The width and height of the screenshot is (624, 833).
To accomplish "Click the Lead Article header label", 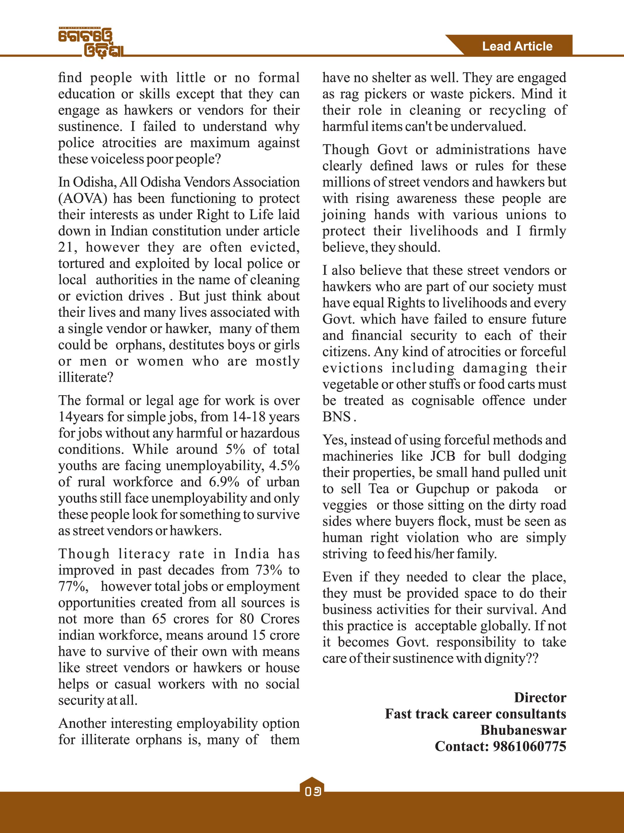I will pyautogui.click(x=517, y=46).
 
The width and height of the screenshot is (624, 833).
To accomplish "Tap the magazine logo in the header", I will pyautogui.click(x=91, y=43).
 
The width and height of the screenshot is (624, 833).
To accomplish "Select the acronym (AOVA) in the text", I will pyautogui.click(x=83, y=198).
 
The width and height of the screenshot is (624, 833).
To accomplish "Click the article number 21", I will pyautogui.click(x=67, y=247).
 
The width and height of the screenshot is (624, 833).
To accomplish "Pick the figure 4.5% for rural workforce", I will pyautogui.click(x=284, y=466).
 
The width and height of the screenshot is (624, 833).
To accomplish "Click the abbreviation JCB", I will pyautogui.click(x=443, y=456).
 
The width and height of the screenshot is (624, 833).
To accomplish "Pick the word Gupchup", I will pyautogui.click(x=442, y=489).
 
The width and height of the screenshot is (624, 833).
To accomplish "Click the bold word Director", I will pyautogui.click(x=540, y=698).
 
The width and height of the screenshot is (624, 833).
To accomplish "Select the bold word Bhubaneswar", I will pyautogui.click(x=523, y=730).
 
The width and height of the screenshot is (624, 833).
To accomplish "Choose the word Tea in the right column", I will pyautogui.click(x=378, y=489).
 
